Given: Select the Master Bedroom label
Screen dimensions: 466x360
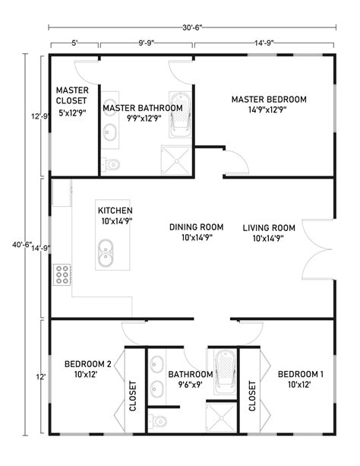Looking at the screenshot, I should point(269,104).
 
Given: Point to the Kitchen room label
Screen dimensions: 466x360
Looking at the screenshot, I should point(115,216).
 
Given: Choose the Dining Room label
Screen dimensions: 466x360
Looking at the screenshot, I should point(196,232).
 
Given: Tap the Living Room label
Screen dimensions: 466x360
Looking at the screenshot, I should point(269,232).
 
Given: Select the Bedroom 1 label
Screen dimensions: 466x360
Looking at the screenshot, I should point(300,379).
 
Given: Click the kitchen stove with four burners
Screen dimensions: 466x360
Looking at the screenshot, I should point(62,274).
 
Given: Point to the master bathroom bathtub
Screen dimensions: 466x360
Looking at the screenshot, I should point(180,115).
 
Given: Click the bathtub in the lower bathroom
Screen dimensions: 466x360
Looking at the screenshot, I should point(226,369).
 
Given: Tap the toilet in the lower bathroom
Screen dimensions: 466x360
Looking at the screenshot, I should point(158,420).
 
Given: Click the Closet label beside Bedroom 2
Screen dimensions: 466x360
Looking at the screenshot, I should point(133,395).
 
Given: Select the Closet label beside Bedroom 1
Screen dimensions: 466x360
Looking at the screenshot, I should point(252,395).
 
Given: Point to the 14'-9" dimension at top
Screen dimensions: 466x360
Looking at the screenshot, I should point(264,43).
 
